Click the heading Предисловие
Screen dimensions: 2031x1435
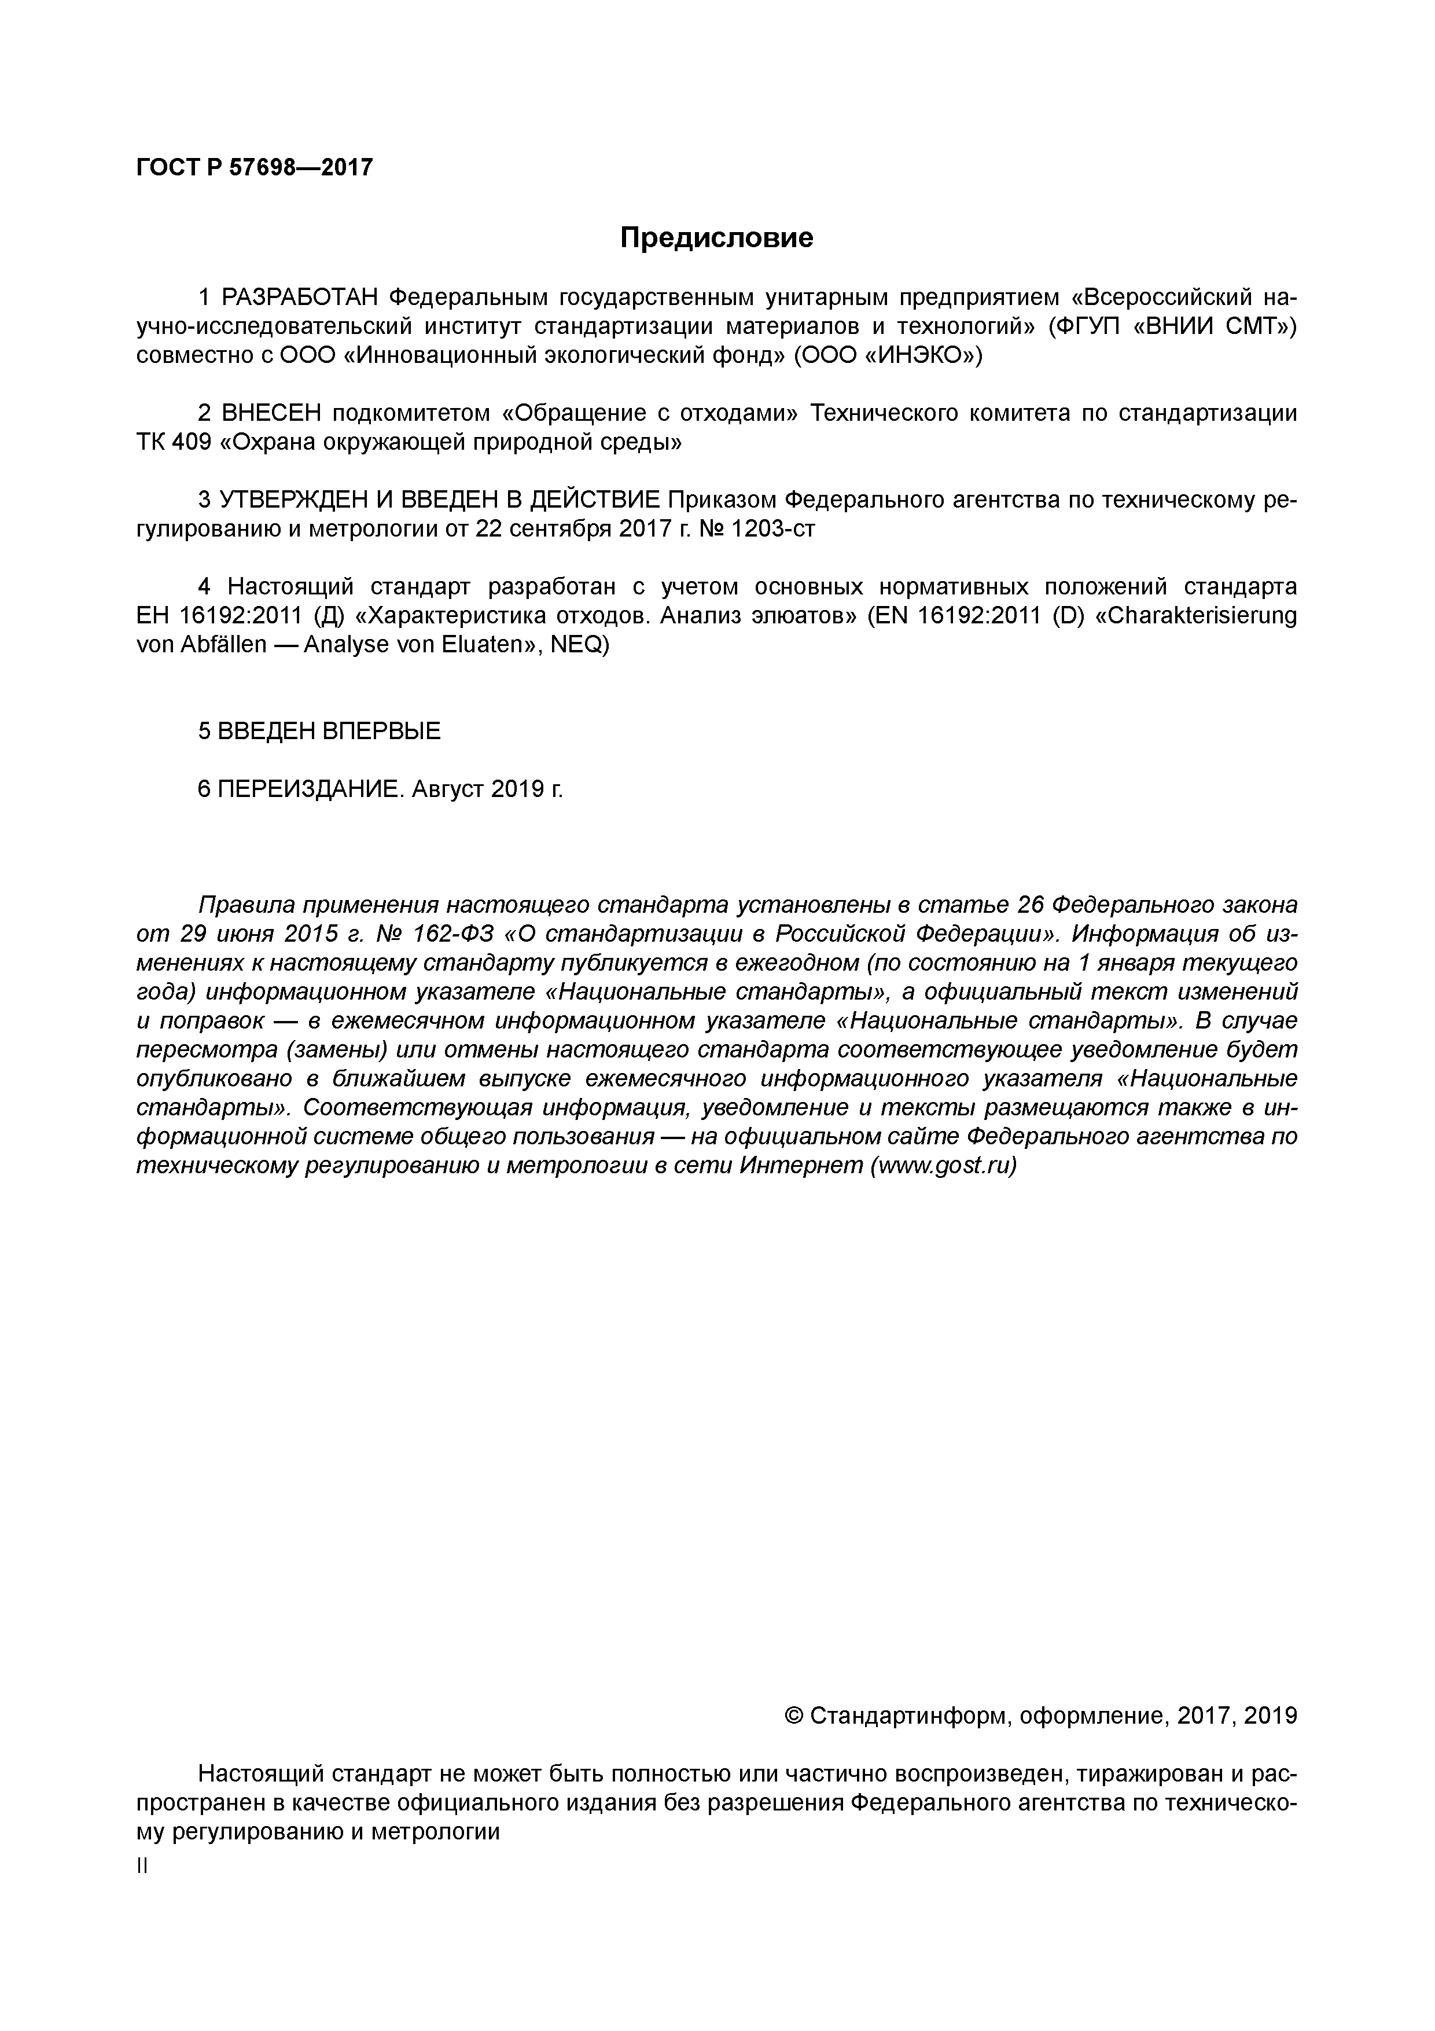click(716, 238)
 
